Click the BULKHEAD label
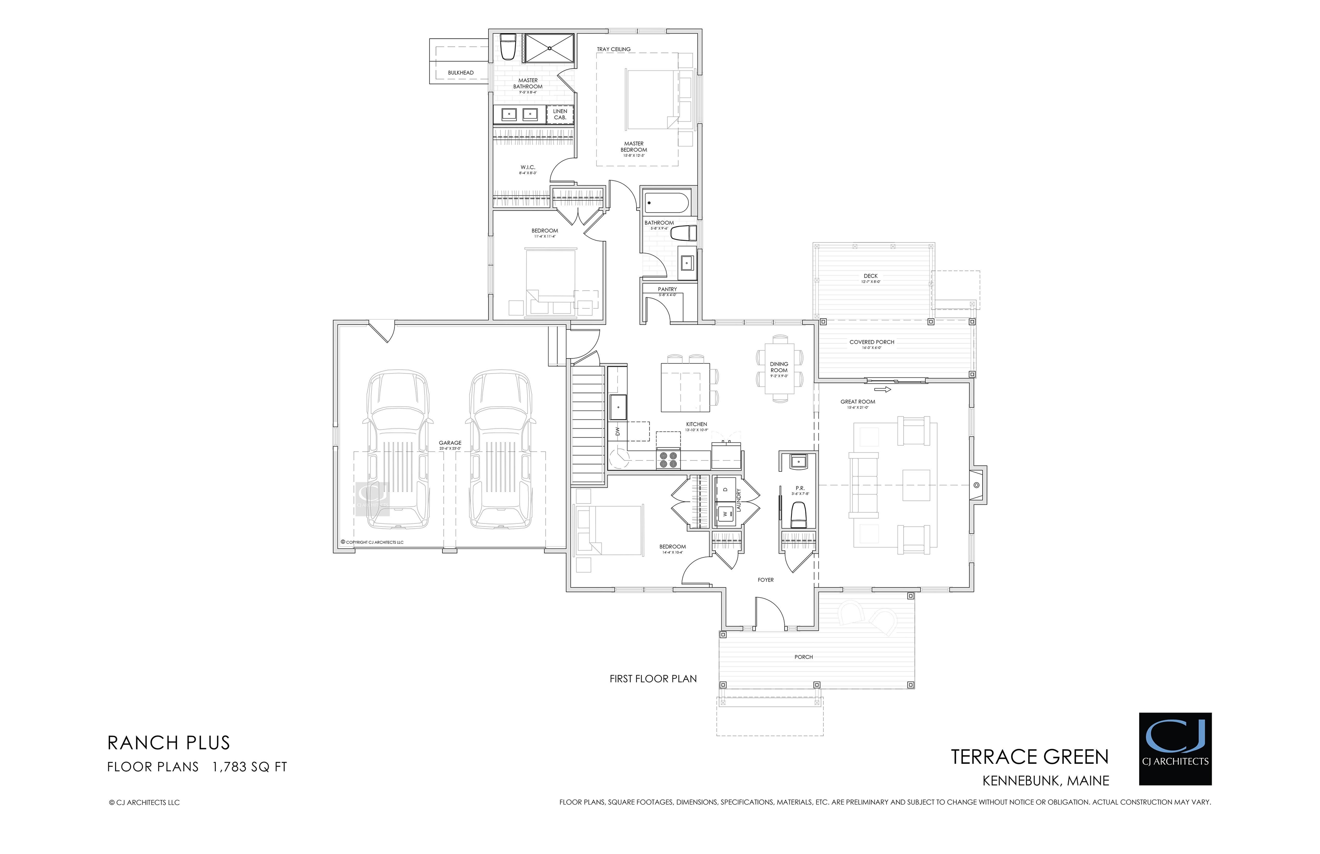pyautogui.click(x=461, y=73)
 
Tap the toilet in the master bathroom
pyautogui.click(x=508, y=48)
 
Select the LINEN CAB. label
pyautogui.click(x=560, y=114)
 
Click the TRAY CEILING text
pyautogui.click(x=613, y=49)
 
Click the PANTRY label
pyautogui.click(x=667, y=289)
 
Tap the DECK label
pyautogui.click(x=871, y=275)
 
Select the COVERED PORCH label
pyautogui.click(x=871, y=342)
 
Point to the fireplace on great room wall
pyautogui.click(x=976, y=485)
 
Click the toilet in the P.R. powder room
pyautogui.click(x=798, y=514)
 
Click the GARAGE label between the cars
pyautogui.click(x=450, y=443)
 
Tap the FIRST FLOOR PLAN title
pyautogui.click(x=653, y=679)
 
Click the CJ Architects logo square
pyautogui.click(x=1175, y=749)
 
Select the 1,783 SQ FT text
pyautogui.click(x=250, y=767)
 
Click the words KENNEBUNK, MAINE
pyautogui.click(x=1045, y=781)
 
